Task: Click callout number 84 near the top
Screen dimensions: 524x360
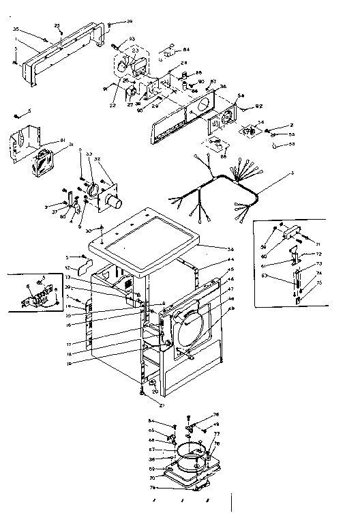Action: point(186,49)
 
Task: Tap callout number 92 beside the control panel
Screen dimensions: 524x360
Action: point(259,106)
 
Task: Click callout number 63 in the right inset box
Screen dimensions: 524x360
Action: point(265,276)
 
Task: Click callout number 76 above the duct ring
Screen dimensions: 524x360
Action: point(216,414)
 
